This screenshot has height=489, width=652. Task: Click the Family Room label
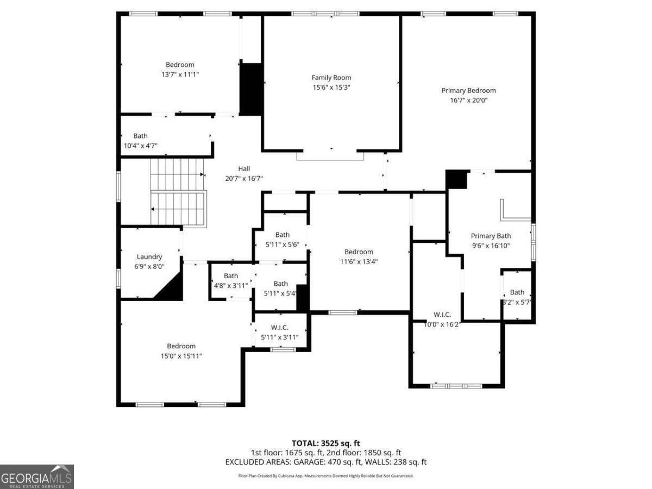pyautogui.click(x=331, y=78)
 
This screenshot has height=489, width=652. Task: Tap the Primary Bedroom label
pyautogui.click(x=468, y=91)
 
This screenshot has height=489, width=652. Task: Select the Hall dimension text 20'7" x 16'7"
pyautogui.click(x=244, y=178)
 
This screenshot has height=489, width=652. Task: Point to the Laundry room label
pyautogui.click(x=149, y=257)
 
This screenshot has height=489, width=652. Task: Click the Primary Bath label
pyautogui.click(x=491, y=236)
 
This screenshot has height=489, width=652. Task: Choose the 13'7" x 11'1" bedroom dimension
pyautogui.click(x=180, y=74)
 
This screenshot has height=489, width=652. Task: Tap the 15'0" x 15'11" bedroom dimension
pyautogui.click(x=181, y=356)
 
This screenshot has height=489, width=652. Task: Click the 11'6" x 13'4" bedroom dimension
pyautogui.click(x=359, y=261)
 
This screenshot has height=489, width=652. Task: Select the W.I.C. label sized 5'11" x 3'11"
pyautogui.click(x=279, y=328)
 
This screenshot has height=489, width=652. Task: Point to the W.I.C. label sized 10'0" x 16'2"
pyautogui.click(x=442, y=315)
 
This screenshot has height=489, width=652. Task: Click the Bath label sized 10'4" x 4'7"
pyautogui.click(x=140, y=136)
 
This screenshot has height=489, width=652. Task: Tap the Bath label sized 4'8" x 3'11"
pyautogui.click(x=231, y=276)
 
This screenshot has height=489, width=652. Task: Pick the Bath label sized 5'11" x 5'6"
pyautogui.click(x=282, y=235)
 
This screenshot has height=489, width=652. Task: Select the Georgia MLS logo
pyautogui.click(x=36, y=477)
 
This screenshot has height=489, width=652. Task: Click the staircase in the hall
pyautogui.click(x=178, y=192)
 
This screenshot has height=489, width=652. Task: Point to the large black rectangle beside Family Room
pyautogui.click(x=250, y=89)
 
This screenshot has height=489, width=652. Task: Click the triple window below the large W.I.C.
pyautogui.click(x=456, y=386)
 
